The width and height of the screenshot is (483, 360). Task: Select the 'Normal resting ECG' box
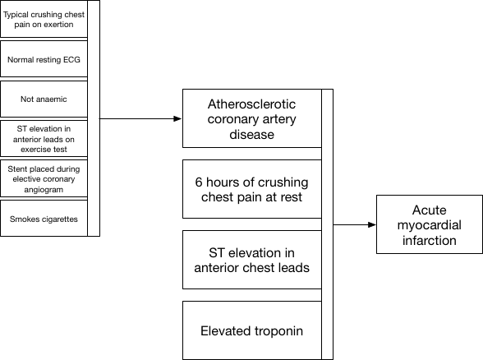44,60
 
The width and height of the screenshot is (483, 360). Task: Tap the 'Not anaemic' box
44,99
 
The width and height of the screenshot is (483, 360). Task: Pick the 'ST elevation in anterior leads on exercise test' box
44,139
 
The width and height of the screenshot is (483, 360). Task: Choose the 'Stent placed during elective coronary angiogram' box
44,178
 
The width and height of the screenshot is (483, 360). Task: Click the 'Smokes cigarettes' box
44,219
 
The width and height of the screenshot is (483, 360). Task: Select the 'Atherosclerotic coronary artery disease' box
251,119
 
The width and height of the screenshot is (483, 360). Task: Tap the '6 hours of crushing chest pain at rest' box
251,189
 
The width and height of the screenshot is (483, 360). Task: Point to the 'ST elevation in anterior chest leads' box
251,260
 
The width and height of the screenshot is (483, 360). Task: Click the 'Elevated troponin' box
251,331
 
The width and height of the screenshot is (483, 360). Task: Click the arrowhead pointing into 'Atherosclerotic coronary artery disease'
178,119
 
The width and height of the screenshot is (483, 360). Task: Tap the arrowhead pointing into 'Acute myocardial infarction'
372,224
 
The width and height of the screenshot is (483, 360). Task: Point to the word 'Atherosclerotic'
251,104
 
